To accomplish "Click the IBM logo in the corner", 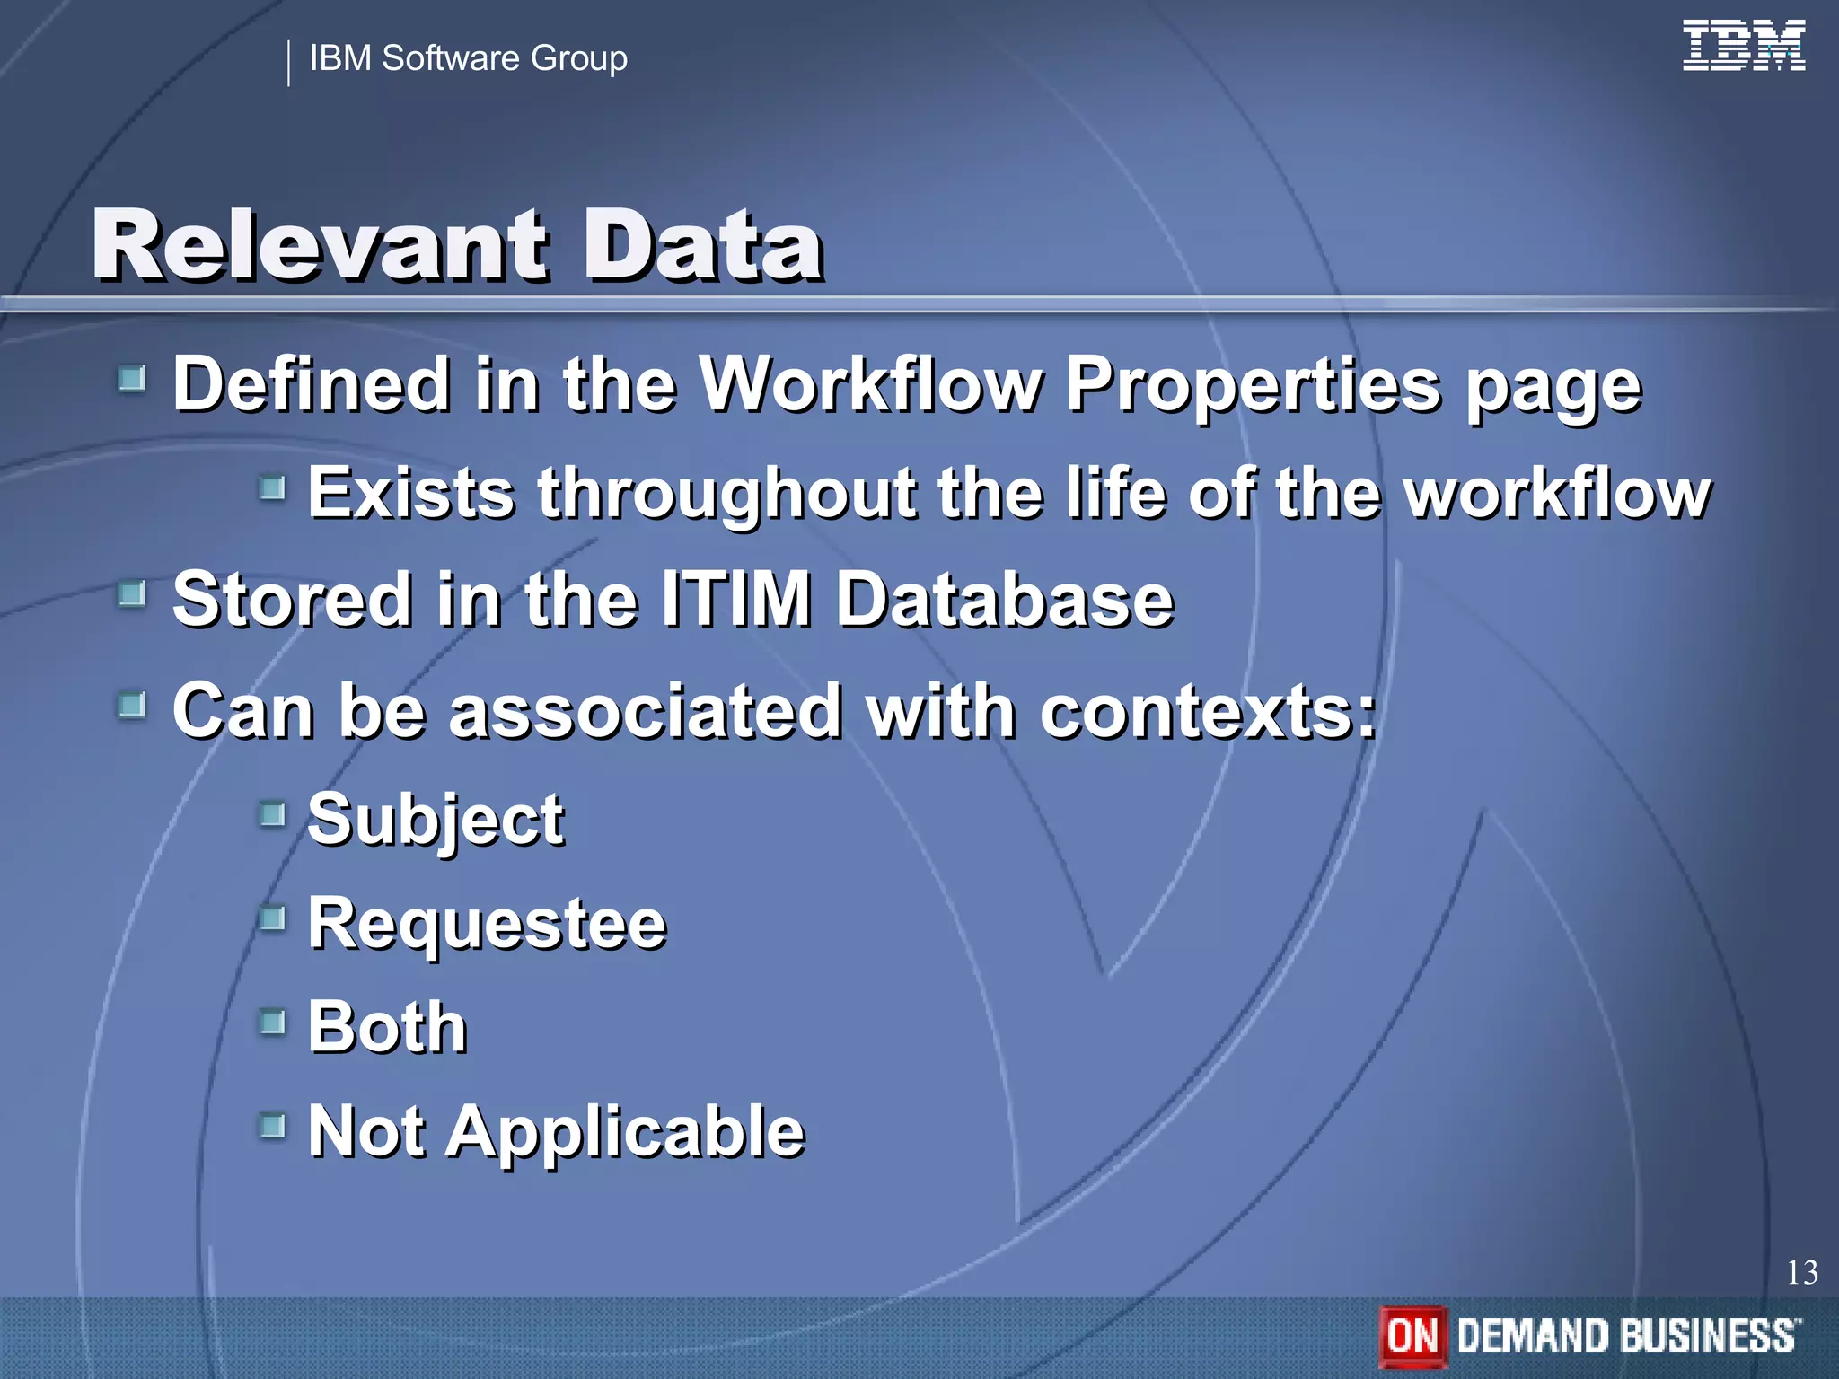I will pos(1743,46).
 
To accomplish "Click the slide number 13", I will pos(1801,1272).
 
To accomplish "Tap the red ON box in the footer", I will pos(1412,1335).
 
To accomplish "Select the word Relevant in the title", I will pos(320,245).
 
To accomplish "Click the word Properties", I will pos(1253,386).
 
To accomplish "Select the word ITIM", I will pos(735,599).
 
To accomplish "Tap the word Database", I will pos(1005,599).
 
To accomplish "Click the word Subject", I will pos(436,820).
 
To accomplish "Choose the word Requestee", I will pos(487,924).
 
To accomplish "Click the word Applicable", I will pos(625,1133).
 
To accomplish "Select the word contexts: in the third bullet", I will pos(1209,711).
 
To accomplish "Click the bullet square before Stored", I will pos(132,593).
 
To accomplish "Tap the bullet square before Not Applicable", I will pos(272,1125).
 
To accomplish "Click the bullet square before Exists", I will pos(272,488).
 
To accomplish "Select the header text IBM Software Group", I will pos(468,58).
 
